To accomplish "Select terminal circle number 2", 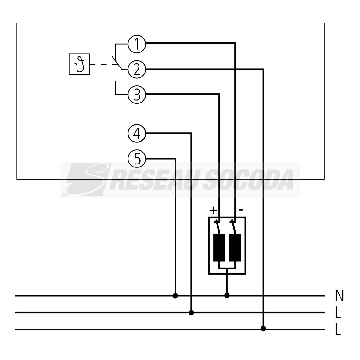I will coord(137,70).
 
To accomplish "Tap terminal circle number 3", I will coord(137,95).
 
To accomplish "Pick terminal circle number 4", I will coord(137,134).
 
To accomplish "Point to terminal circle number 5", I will coord(137,159).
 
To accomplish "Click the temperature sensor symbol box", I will coord(79,64).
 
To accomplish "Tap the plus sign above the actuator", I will coord(213,210).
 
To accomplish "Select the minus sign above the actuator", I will coord(241,209).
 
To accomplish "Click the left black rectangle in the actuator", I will coord(219,247).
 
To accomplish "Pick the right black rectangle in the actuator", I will coord(235,247).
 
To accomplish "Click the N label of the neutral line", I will coord(339,295).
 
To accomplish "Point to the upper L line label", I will coord(338,313).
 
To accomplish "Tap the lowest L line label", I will coord(338,330).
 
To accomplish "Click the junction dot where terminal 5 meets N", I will coord(175,296).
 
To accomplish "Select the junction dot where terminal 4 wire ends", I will coord(191,313).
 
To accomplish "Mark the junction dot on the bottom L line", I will coord(263,329).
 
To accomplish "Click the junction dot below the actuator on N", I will coord(227,295).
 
